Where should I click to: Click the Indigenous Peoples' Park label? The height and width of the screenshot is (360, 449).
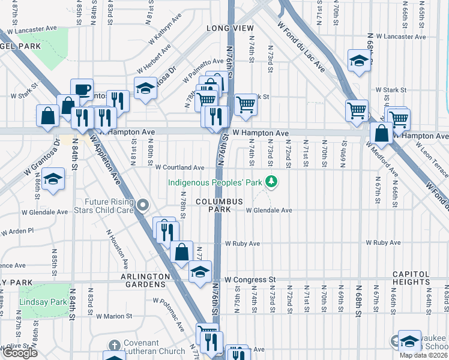pos(216,181)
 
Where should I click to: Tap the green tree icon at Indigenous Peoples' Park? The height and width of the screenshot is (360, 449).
pos(272,180)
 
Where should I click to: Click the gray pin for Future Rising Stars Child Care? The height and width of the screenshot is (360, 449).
pos(143,206)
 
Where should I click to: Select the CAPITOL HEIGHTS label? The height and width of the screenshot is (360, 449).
pos(411,278)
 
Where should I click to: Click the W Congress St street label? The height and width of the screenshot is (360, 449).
pos(250,280)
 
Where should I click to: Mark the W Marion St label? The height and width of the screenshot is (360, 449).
pos(113,316)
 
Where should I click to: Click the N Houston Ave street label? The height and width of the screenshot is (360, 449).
pos(117,248)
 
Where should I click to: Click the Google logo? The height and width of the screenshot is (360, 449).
pos(19,353)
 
